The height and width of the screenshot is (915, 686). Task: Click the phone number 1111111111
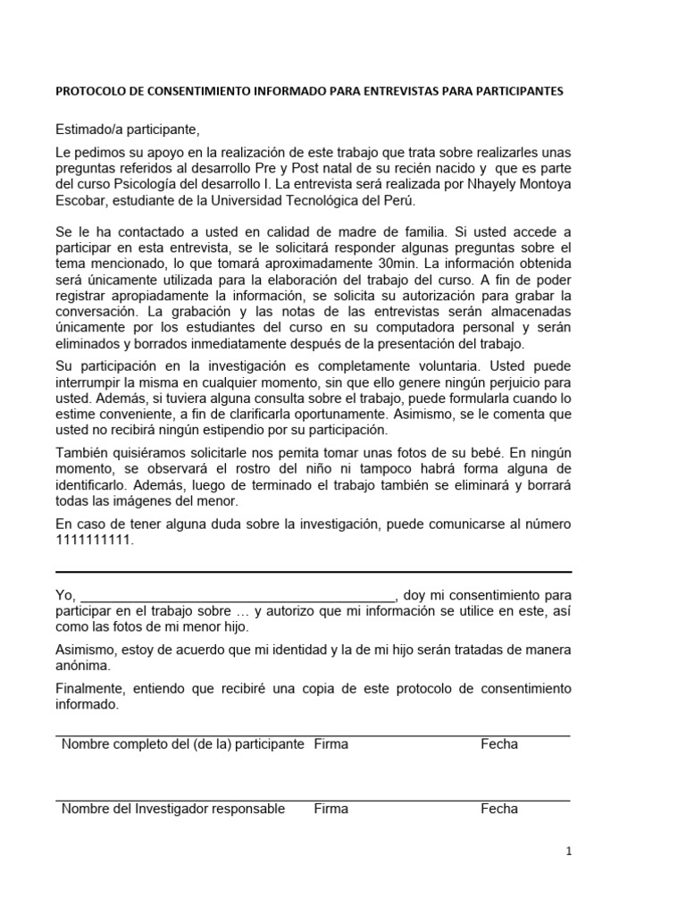[94, 540]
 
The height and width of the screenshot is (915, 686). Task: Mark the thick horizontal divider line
[314, 572]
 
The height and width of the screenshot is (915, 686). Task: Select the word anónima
[84, 666]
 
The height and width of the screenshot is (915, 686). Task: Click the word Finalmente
[90, 689]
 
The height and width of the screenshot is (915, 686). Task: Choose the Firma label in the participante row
[330, 744]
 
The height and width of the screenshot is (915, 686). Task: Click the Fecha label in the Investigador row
[498, 809]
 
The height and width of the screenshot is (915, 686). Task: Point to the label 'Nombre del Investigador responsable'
[173, 809]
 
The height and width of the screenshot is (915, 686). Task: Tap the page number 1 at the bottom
[568, 852]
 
